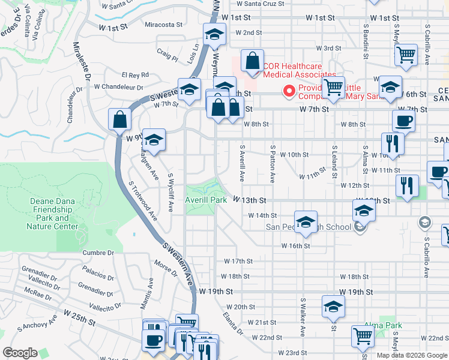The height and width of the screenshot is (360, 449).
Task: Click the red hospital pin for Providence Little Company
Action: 289,91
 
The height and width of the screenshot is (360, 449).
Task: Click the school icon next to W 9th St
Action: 154,140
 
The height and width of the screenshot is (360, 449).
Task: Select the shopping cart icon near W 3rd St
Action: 406,55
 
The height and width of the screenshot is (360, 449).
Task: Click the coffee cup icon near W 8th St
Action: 403,121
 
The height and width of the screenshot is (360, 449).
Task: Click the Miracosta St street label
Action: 163,25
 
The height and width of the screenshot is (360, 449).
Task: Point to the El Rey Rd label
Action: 135,75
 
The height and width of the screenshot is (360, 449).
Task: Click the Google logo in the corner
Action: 20,353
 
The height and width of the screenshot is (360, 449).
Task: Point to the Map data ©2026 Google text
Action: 411,355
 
